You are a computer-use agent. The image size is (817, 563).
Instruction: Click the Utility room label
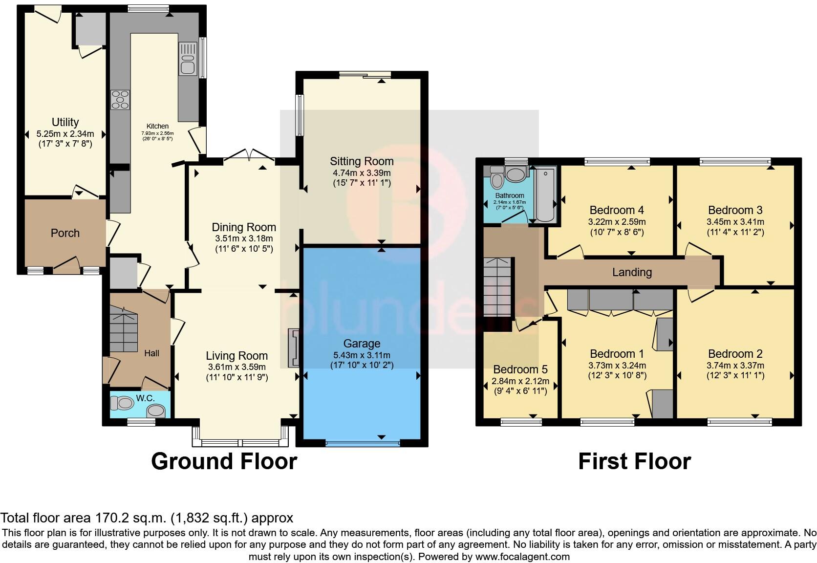pos(65,122)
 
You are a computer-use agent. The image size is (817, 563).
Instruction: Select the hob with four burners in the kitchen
pos(120,100)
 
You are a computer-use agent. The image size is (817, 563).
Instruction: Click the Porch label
pos(65,233)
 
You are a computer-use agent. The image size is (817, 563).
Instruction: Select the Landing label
pos(632,272)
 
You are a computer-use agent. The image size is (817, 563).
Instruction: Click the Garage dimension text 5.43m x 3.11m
pos(362,355)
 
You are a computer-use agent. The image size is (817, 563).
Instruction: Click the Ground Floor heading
pos(224,461)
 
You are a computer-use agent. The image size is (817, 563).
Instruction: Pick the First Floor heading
pos(634,461)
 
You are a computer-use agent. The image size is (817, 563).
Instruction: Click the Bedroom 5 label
pos(520,369)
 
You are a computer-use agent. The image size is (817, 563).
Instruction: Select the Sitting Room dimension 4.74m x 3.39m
pos(362,173)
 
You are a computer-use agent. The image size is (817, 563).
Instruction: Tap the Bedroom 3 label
pos(735,210)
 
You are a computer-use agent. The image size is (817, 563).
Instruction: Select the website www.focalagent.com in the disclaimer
pos(522,556)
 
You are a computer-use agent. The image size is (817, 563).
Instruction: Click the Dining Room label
pos(244,227)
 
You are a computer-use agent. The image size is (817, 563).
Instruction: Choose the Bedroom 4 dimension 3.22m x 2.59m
pos(617,221)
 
